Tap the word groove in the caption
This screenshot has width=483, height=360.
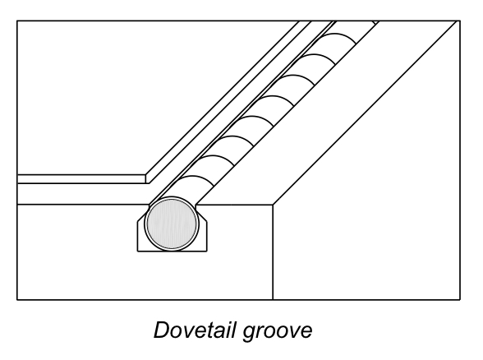(278, 333)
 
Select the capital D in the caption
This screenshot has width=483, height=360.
(162, 330)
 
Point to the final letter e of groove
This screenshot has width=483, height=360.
(306, 332)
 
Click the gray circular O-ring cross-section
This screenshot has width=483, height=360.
(172, 224)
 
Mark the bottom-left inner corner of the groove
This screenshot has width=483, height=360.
(138, 251)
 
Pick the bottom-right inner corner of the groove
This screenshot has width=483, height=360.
(206, 251)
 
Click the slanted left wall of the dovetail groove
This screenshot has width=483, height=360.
(143, 213)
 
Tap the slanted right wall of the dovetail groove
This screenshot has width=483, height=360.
(201, 213)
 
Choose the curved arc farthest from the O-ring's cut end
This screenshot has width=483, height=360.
(338, 35)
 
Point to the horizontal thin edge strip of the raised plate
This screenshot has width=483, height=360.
(81, 179)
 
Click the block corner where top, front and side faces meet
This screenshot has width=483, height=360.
(273, 205)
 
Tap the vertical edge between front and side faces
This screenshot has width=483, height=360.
(273, 252)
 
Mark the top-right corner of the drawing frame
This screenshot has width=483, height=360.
(460, 21)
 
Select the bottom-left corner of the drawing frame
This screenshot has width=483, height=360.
(17, 299)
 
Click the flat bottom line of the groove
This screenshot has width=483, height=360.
(172, 252)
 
